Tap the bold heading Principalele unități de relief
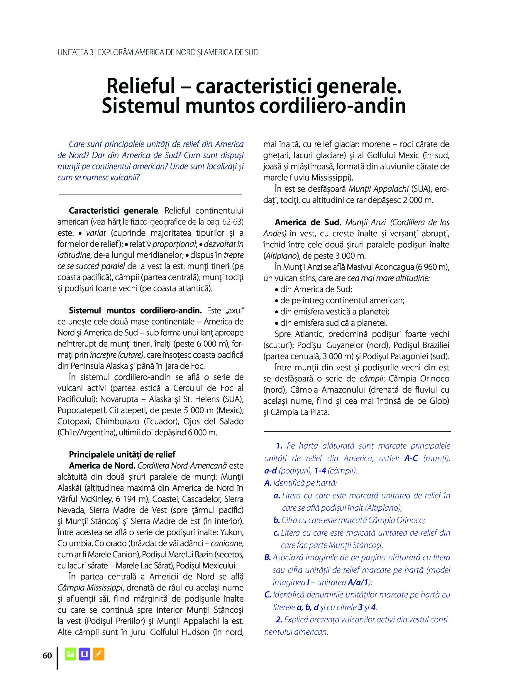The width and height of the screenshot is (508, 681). pyautogui.click(x=122, y=454)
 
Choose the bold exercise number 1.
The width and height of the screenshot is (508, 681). pyautogui.click(x=279, y=446)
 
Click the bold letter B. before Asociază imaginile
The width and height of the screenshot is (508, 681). pyautogui.click(x=267, y=558)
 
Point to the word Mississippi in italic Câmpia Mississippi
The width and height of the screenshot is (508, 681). pyautogui.click(x=104, y=588)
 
